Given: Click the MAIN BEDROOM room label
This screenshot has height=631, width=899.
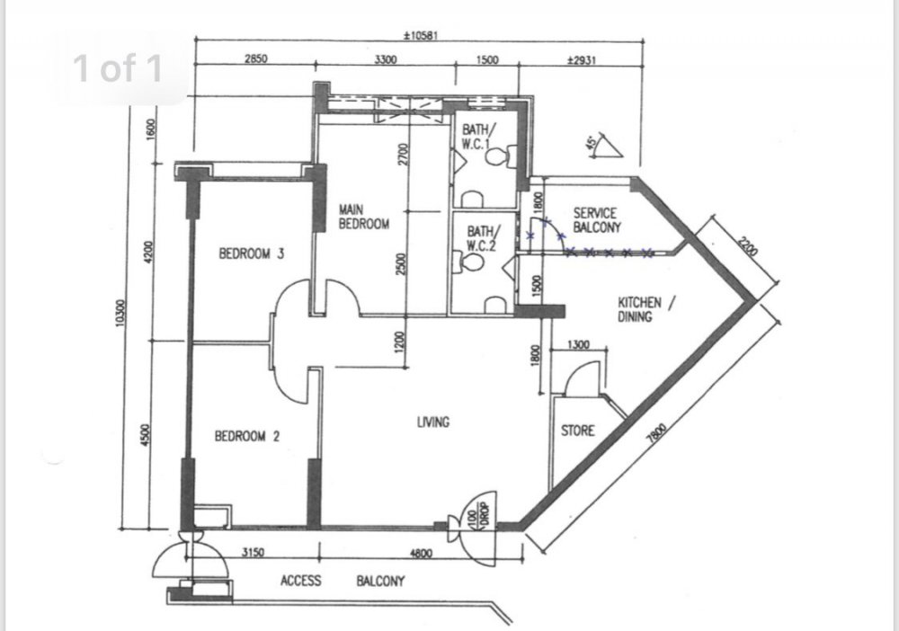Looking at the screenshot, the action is click(363, 217).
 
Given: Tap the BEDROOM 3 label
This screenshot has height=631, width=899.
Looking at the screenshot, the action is click(251, 253).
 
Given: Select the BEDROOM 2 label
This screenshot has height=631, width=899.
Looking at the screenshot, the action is click(247, 437).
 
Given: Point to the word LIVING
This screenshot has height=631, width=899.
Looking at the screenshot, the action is click(433, 422).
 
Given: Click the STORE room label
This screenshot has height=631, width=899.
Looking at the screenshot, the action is click(577, 431).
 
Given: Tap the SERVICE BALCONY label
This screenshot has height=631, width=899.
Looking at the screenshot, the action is click(597, 220).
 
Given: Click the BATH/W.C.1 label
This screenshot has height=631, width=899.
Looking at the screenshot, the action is click(476, 137).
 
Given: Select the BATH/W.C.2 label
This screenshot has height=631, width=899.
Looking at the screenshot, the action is click(481, 238).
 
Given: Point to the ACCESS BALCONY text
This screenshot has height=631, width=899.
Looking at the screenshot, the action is click(343, 582).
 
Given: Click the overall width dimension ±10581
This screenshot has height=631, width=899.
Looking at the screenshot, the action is click(422, 36).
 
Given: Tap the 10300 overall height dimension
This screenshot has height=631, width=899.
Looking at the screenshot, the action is click(120, 313).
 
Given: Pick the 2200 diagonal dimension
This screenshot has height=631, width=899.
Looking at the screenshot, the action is click(748, 247).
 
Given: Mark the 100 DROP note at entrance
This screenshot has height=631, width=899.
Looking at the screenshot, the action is click(479, 519).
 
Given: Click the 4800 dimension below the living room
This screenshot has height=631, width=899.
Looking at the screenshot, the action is click(421, 553).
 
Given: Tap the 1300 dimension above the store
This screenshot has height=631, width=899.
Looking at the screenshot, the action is click(578, 345).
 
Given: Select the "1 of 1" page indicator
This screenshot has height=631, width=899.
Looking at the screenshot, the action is click(118, 68).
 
